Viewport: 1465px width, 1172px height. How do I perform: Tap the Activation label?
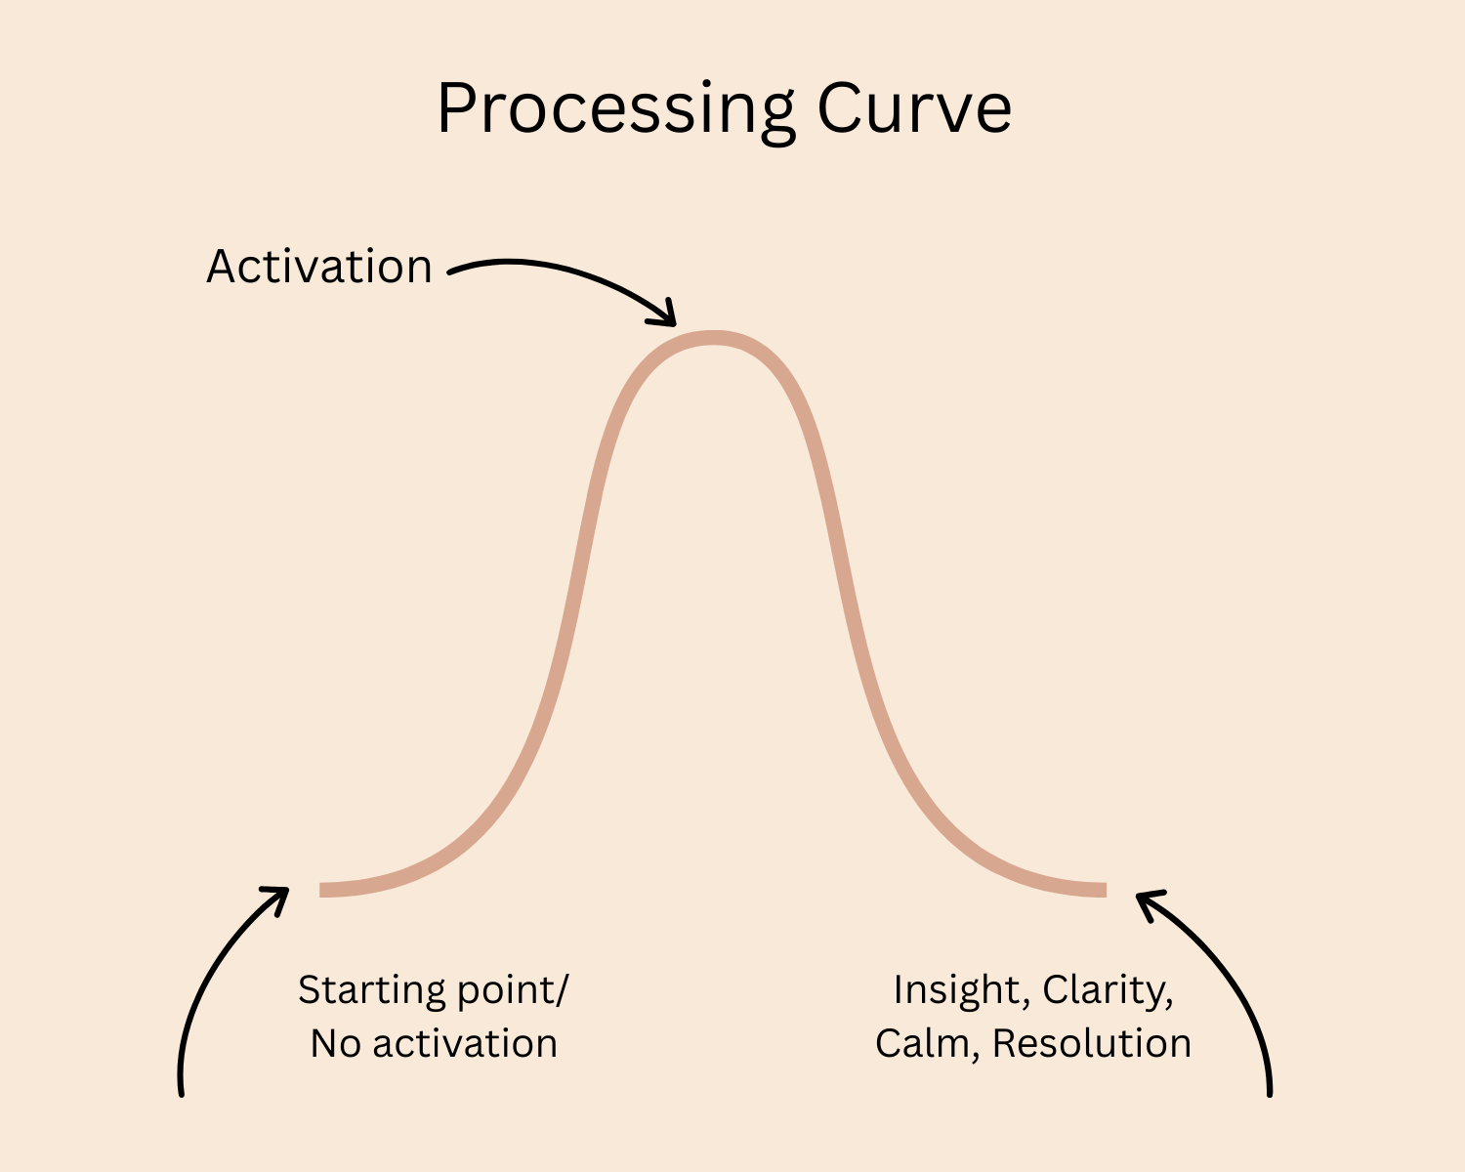click(319, 267)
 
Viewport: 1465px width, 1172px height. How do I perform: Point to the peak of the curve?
click(714, 338)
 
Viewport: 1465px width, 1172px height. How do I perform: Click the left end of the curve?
click(323, 889)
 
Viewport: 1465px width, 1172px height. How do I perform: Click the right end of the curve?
click(1103, 889)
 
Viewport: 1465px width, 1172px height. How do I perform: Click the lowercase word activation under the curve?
click(465, 1044)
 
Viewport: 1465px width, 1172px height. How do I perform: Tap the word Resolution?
click(1092, 1044)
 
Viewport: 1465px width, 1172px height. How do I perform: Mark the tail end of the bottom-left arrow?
click(182, 1093)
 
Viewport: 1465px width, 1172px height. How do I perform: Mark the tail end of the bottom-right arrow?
click(1270, 1093)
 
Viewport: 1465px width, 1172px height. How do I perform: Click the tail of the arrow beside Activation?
click(451, 272)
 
